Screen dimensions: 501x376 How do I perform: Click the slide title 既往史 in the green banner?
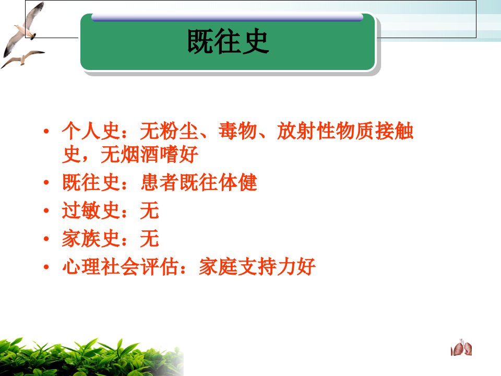[228, 41]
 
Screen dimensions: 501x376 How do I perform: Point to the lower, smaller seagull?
[22, 59]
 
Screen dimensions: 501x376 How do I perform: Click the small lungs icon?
[461, 348]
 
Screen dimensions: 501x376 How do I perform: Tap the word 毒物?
[238, 131]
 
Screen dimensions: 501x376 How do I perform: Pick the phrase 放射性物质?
[326, 131]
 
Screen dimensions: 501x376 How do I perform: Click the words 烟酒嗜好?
[159, 155]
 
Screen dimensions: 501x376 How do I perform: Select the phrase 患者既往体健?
[199, 182]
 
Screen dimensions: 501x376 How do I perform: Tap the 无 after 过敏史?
[149, 210]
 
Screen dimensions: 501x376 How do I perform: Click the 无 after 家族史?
[149, 239]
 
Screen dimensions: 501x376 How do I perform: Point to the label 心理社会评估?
[120, 266]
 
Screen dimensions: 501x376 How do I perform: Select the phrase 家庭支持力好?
[257, 266]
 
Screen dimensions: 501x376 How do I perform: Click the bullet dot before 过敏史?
[46, 210]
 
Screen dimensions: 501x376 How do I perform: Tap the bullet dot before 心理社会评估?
[46, 267]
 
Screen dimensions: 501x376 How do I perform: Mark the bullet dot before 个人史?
[46, 131]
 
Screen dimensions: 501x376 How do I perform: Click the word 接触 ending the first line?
[395, 131]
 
